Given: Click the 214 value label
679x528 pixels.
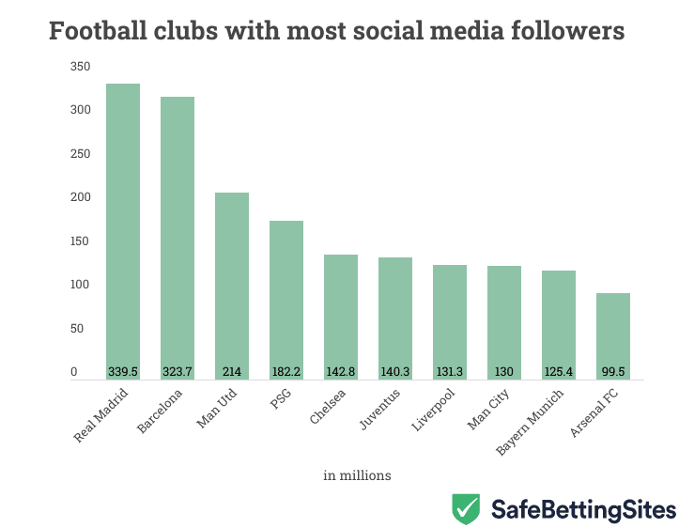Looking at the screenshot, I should coord(231,371).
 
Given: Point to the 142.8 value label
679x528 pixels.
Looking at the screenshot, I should coord(340,371).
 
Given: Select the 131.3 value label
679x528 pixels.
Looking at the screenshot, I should coord(449,371).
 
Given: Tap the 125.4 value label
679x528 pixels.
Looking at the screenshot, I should coord(558,371).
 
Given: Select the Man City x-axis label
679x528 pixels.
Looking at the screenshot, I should coord(489,410).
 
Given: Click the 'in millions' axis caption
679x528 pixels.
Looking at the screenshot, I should coord(357,475).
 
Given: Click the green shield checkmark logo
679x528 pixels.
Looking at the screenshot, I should coord(467,508).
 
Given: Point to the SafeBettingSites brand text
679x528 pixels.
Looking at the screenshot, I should coord(583,509).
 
